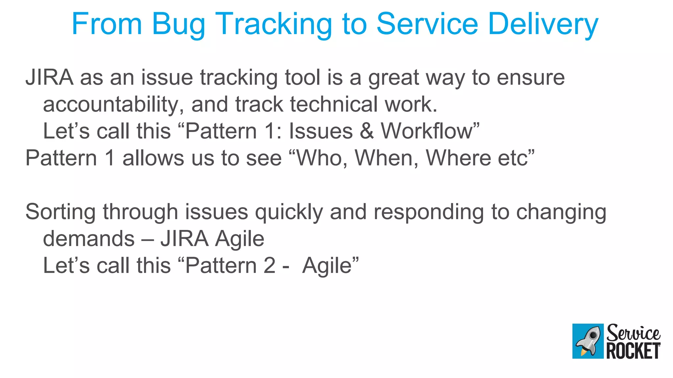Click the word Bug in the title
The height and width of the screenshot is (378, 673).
pyautogui.click(x=178, y=25)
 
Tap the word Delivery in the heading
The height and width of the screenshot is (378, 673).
pyautogui.click(x=543, y=25)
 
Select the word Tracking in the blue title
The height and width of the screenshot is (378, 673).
pyautogui.click(x=274, y=25)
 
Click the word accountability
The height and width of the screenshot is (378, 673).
pyautogui.click(x=113, y=105)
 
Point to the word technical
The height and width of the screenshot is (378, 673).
pyautogui.click(x=334, y=105)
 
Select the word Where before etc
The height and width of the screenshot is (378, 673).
pyautogui.click(x=458, y=158)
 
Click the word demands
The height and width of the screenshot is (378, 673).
pyautogui.click(x=89, y=239)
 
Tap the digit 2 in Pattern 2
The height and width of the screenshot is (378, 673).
pyautogui.click(x=269, y=265)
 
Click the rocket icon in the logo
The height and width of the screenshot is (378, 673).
pyautogui.click(x=588, y=341)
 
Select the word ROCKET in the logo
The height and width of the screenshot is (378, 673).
pyautogui.click(x=633, y=351)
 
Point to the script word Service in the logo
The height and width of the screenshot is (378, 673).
pyautogui.click(x=633, y=333)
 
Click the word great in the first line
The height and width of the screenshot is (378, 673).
pyautogui.click(x=393, y=78)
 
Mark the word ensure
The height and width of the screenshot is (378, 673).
pyautogui.click(x=530, y=78)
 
